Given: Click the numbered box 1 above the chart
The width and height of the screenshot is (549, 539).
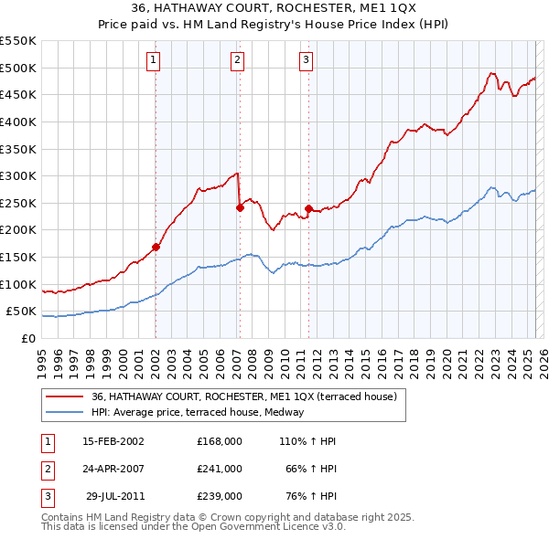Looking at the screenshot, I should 153,60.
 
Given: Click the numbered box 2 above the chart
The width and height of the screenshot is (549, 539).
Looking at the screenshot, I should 237,60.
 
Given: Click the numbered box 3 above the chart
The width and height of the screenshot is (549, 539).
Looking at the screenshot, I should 306,60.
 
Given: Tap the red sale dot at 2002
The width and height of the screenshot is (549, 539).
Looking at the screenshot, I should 156,247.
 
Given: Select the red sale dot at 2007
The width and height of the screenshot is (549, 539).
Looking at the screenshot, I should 240,207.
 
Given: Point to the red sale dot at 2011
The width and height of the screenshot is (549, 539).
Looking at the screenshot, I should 308,208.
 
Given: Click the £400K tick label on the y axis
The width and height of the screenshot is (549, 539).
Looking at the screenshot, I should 18,122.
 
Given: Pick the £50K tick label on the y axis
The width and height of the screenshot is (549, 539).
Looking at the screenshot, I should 22,312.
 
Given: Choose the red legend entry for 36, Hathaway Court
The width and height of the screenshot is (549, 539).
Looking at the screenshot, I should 243,396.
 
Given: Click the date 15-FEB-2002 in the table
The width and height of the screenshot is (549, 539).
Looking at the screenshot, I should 113,441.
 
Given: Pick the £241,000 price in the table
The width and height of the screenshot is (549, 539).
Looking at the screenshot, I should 220,469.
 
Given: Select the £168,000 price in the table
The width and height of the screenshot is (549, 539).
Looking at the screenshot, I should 220,441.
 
